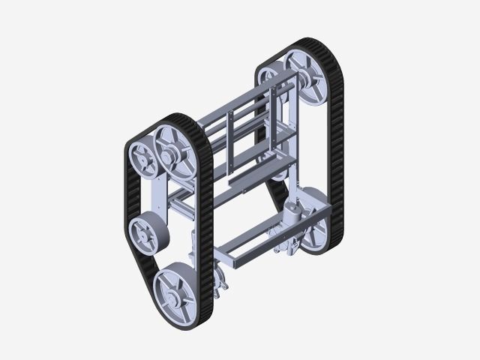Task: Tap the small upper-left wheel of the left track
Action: [x=140, y=160]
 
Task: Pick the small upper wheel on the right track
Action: [x=271, y=79]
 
